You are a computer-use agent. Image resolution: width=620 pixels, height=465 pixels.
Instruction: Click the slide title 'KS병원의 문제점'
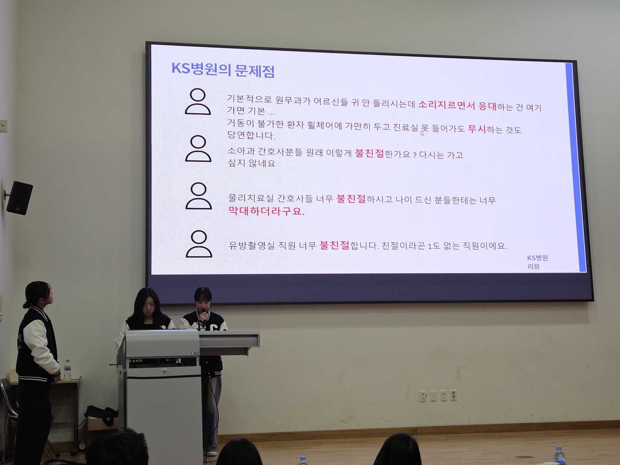223,69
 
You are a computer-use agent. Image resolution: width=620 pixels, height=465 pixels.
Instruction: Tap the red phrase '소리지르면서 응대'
457,105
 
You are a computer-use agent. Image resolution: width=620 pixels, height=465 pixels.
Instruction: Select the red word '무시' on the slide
477,128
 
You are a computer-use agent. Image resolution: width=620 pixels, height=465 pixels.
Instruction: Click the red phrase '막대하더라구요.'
266,211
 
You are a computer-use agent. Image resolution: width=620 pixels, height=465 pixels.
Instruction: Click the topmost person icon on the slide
198,101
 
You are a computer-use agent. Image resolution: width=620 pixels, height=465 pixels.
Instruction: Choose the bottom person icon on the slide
199,244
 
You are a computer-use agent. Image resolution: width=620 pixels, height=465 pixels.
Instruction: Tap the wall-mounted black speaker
19,198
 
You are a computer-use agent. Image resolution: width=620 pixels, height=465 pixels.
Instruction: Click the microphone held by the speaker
204,313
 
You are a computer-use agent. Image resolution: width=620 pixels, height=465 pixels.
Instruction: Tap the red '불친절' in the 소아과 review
369,153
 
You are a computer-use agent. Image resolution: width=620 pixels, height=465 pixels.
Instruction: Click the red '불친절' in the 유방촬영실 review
334,245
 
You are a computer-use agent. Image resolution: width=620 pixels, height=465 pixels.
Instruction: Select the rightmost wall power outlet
453,396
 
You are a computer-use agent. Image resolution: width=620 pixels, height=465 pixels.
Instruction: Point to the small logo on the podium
195,353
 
